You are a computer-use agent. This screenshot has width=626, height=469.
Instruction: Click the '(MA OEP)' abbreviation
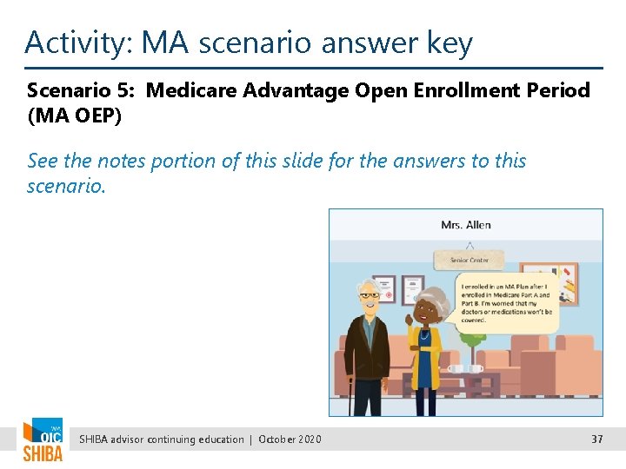tap(74, 115)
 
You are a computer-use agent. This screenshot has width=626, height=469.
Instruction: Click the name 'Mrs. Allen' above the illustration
tap(465, 225)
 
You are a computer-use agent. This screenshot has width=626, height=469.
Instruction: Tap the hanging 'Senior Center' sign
tap(469, 260)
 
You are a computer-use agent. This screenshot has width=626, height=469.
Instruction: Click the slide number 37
tap(596, 439)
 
